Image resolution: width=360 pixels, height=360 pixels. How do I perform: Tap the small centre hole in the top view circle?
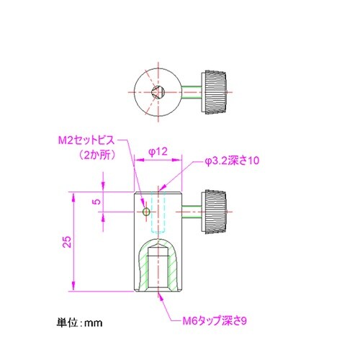point(160,92)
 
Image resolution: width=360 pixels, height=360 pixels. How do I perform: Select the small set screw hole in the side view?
point(146,212)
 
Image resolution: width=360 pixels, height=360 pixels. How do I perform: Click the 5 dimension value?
point(96,202)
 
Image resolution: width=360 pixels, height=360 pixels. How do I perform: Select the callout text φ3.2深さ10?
point(232,161)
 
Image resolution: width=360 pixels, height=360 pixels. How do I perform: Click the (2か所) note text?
point(96,154)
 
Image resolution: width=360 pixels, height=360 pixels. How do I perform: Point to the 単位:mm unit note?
point(80,323)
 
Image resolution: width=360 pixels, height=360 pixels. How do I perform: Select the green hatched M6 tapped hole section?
point(158,270)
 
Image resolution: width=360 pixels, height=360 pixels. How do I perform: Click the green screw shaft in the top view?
point(192,93)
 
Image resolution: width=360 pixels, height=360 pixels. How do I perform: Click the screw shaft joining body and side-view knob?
point(192,212)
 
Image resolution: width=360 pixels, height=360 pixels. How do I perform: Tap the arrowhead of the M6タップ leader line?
point(159,293)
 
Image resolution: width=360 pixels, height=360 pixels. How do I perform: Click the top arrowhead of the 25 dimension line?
point(73,195)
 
